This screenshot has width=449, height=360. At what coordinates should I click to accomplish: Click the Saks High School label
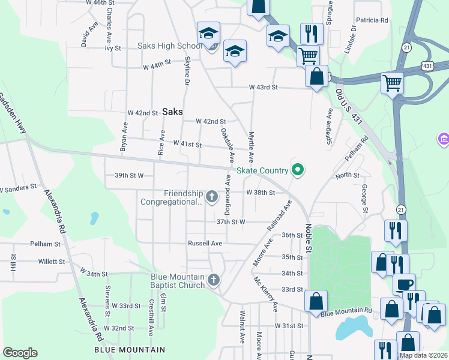170,46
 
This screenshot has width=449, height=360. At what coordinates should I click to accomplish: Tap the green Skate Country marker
297,171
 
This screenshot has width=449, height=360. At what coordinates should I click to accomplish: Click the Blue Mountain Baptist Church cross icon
213,280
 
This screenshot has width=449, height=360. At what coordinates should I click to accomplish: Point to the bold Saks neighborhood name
173,112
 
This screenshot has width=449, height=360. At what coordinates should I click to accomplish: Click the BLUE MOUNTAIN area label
130,350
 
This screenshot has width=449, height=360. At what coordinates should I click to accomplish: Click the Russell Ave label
205,244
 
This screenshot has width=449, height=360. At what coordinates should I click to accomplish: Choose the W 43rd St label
264,88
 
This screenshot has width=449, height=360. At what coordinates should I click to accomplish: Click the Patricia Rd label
372,20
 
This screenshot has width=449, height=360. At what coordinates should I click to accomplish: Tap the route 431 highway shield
427,65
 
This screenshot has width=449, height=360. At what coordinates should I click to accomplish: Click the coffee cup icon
404,284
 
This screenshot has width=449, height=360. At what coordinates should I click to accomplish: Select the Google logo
20,353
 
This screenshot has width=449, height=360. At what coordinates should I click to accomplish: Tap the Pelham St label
46,244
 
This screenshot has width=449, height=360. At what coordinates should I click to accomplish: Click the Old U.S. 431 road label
348,107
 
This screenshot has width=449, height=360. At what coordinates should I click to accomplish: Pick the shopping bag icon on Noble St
316,301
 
